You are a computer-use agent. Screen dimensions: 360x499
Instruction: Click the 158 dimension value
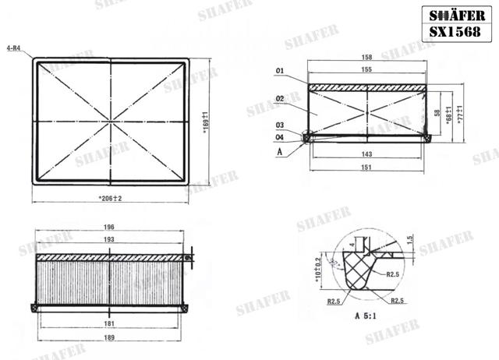tap(367, 58)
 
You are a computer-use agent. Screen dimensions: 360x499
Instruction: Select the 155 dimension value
tap(366, 69)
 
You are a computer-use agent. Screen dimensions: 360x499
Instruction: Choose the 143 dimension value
tap(367, 154)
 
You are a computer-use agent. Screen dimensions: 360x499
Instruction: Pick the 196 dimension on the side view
tap(109, 228)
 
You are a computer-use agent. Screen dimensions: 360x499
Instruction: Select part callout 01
tap(278, 71)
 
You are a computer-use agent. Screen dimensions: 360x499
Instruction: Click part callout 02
tap(278, 99)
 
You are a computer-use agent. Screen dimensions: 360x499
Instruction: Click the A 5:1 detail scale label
tap(367, 317)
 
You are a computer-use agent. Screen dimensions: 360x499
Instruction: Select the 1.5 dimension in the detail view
tap(410, 238)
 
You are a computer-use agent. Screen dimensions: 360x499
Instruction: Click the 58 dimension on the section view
tap(437, 112)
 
